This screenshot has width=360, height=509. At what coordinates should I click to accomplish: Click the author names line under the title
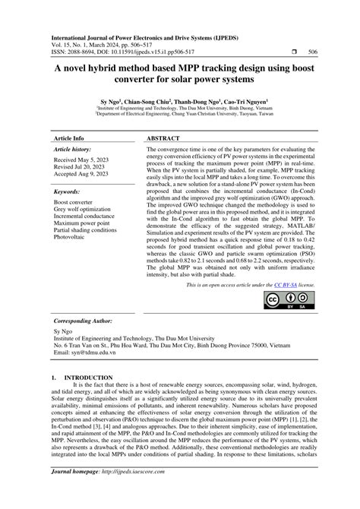click(x=179, y=100)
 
